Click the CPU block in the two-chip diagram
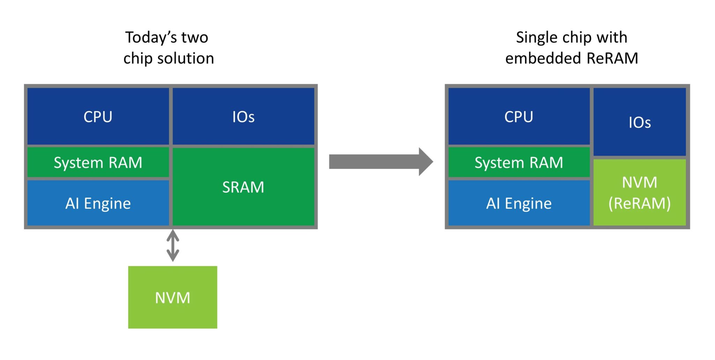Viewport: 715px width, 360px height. coord(98,116)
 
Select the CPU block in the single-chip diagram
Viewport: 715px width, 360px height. coord(519,116)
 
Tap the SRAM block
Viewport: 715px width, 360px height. coord(243,187)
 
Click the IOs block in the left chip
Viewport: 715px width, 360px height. coord(243,116)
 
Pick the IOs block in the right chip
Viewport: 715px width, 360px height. coord(640,122)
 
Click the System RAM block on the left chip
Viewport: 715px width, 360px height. coord(98,162)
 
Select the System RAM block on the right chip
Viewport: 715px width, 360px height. coord(519,162)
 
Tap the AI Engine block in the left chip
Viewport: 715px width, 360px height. coord(98,203)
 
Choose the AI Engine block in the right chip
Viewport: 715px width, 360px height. coord(519,203)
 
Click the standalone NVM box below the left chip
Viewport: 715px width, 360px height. coord(172,297)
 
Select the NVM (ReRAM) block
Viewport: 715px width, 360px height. coord(640,192)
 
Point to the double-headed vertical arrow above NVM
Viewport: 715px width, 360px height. coord(173,245)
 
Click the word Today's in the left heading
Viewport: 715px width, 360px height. coord(150,37)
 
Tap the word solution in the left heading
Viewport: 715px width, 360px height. coord(186,58)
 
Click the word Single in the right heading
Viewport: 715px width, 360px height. coord(535,37)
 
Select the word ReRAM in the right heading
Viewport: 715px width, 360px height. coord(612,58)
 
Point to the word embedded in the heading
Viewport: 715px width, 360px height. coord(543,58)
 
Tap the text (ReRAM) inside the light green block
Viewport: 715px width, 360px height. coord(640,203)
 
